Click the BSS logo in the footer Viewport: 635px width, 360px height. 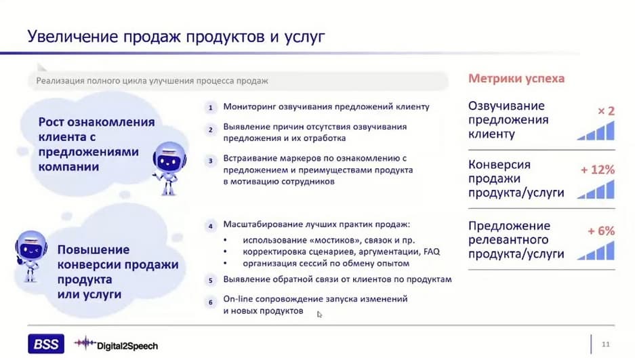(46, 344)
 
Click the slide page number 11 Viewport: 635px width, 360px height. (605, 344)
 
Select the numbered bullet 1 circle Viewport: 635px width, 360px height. (210, 108)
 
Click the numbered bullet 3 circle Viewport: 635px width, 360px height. (210, 161)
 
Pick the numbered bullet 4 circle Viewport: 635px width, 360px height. (210, 226)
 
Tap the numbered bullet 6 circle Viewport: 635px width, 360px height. (210, 302)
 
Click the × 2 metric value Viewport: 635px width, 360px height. (606, 111)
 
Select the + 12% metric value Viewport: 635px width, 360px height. (598, 169)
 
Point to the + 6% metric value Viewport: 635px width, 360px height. (601, 231)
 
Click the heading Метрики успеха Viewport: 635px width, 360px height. (516, 78)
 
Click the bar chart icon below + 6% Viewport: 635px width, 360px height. (596, 250)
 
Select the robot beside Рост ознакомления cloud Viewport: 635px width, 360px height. (169, 167)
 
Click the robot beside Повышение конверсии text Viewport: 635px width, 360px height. (30, 256)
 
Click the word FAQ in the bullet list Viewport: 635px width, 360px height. (432, 252)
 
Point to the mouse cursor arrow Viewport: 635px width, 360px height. (319, 315)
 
